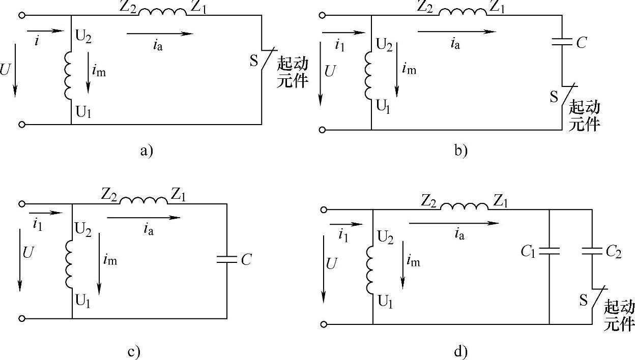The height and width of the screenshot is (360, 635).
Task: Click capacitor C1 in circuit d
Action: point(550,250)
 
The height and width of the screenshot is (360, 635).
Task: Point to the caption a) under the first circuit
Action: point(146,151)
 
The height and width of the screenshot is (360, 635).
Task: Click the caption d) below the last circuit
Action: point(458,351)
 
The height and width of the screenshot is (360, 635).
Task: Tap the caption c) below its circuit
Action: point(133,351)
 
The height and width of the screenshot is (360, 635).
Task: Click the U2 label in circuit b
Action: point(385,45)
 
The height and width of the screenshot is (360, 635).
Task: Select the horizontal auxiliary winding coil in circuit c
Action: point(143,200)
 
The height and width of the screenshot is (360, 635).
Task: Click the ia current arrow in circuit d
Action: point(453,223)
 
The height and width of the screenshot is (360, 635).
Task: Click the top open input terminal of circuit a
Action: point(22,16)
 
